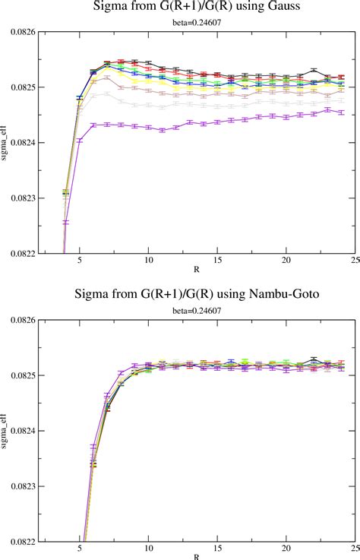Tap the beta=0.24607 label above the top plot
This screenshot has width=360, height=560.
pos(197,24)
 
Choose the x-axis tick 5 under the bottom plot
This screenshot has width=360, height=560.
pos(80,546)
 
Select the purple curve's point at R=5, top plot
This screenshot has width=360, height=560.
pos(80,141)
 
